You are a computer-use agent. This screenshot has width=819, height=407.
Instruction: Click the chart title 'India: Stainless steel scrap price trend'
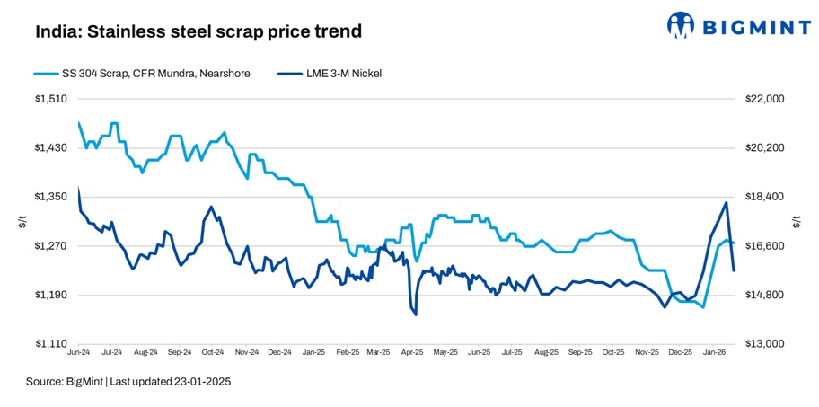click(198, 31)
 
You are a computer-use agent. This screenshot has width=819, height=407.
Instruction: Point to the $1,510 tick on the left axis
click(53, 99)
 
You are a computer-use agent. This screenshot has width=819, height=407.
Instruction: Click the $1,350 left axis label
click(53, 197)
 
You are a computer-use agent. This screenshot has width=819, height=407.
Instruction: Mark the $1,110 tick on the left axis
click(53, 344)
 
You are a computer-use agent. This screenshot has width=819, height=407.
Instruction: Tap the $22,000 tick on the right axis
click(765, 99)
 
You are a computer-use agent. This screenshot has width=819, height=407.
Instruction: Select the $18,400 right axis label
click(765, 197)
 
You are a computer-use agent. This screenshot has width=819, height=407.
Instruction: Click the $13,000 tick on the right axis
click(765, 344)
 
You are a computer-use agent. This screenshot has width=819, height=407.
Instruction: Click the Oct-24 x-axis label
click(213, 353)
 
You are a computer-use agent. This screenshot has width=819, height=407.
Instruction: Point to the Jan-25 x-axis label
click(313, 353)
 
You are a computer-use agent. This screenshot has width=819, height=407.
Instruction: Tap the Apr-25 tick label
click(412, 353)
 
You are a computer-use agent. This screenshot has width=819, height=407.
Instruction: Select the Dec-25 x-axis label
click(680, 353)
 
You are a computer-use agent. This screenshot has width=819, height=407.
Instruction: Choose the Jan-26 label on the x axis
click(714, 353)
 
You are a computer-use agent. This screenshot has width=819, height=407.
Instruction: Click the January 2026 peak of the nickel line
click(726, 203)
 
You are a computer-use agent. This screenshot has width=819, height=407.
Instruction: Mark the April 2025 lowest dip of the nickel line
click(415, 314)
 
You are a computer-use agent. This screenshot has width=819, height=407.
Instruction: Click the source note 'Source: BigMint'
click(66, 382)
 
